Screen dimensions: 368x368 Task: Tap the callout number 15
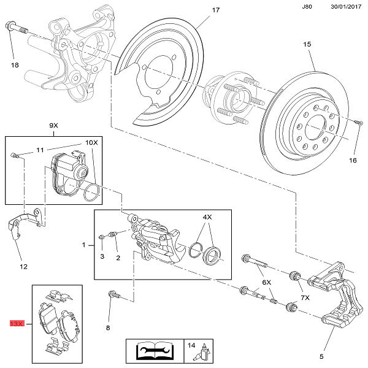(x=307, y=44)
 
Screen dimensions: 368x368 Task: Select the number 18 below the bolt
(x=15, y=64)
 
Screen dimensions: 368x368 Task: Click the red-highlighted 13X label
(x=16, y=322)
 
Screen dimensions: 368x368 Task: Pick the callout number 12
(x=23, y=266)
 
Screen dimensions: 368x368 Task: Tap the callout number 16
(x=352, y=161)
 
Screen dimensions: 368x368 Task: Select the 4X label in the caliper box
(x=207, y=218)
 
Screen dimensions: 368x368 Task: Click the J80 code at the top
(x=307, y=7)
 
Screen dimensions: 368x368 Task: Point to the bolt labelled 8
(x=113, y=296)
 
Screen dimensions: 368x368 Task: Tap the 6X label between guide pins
(x=266, y=282)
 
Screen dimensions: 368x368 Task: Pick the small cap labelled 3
(x=102, y=238)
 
